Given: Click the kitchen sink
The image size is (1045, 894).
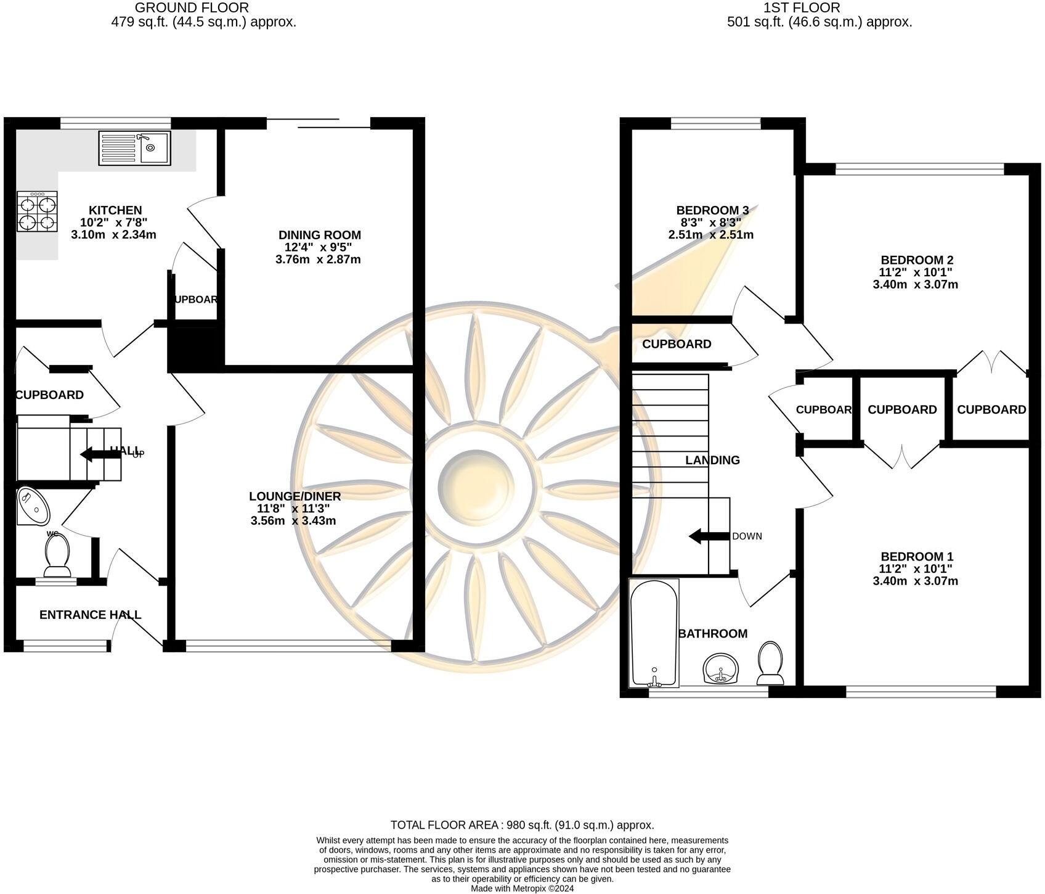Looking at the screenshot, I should pyautogui.click(x=134, y=149).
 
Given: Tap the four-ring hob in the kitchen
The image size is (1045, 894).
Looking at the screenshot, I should pyautogui.click(x=37, y=211).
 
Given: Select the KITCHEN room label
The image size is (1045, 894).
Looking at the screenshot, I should pyautogui.click(x=115, y=210).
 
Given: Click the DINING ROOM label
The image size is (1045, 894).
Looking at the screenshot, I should pyautogui.click(x=319, y=235).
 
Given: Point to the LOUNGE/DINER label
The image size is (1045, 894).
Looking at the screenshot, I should pyautogui.click(x=295, y=496).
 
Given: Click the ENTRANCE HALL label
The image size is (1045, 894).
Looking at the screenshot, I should pyautogui.click(x=90, y=615).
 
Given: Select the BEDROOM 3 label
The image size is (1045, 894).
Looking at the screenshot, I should pyautogui.click(x=712, y=210).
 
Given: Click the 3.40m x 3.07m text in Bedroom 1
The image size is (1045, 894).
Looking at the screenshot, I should pyautogui.click(x=916, y=581).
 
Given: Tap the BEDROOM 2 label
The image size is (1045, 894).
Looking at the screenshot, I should pyautogui.click(x=916, y=260).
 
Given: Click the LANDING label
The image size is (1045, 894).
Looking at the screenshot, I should pyautogui.click(x=712, y=460).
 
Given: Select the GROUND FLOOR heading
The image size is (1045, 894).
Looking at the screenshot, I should pyautogui.click(x=192, y=8).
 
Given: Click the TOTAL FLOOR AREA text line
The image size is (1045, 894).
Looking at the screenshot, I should pyautogui.click(x=522, y=825).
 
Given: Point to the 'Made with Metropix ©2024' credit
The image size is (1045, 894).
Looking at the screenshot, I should pyautogui.click(x=522, y=888).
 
